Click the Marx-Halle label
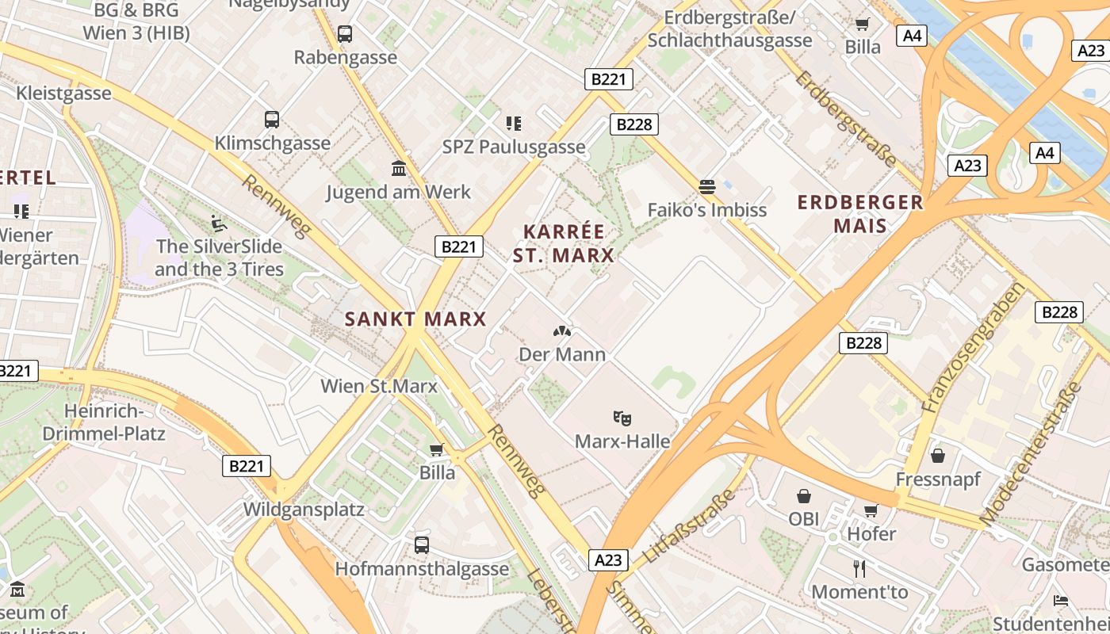pyautogui.click(x=622, y=441)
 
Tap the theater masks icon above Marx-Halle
pyautogui.click(x=622, y=417)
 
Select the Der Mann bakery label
pyautogui.click(x=562, y=354)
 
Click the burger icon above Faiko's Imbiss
pyautogui.click(x=707, y=187)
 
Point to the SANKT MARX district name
pyautogui.click(x=415, y=319)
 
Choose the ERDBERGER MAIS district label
pyautogui.click(x=860, y=214)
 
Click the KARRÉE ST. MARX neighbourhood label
pyautogui.click(x=564, y=243)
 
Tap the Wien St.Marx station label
pyautogui.click(x=379, y=386)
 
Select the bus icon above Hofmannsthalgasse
pyautogui.click(x=422, y=545)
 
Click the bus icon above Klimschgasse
pyautogui.click(x=272, y=120)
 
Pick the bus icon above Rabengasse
pyautogui.click(x=345, y=34)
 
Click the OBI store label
pyautogui.click(x=804, y=519)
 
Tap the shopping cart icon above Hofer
pyautogui.click(x=871, y=510)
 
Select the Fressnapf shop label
pyautogui.click(x=938, y=479)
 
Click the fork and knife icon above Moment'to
pyautogui.click(x=859, y=568)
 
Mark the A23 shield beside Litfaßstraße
pyautogui.click(x=609, y=560)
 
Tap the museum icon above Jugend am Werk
pyautogui.click(x=399, y=168)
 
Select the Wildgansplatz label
pyautogui.click(x=304, y=509)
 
